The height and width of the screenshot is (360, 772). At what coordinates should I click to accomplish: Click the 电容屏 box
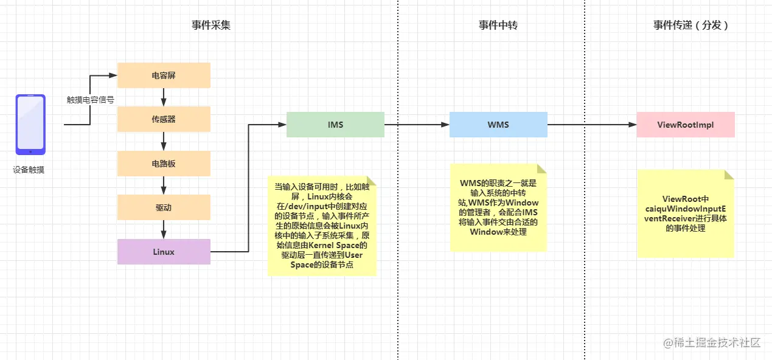(x=164, y=75)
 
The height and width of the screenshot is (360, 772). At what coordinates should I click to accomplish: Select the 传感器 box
(x=164, y=119)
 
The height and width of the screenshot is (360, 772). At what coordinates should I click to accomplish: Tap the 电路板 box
(x=164, y=164)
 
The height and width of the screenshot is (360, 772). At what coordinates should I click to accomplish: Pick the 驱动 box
(x=164, y=207)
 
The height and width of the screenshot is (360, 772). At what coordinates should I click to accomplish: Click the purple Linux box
(x=164, y=252)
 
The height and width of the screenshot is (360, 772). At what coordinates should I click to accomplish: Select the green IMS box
(x=335, y=125)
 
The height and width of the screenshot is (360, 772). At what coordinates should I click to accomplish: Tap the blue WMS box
(x=498, y=125)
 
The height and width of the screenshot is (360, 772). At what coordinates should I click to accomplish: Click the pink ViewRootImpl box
(x=686, y=125)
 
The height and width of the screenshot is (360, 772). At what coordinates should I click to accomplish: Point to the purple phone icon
(x=30, y=124)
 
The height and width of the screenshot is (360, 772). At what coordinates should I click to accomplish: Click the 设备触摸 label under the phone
(x=29, y=170)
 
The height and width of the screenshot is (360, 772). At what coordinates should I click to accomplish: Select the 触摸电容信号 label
(x=91, y=99)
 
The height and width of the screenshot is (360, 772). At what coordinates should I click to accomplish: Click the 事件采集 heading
(x=211, y=25)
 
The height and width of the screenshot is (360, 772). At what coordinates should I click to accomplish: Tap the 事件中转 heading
(x=498, y=25)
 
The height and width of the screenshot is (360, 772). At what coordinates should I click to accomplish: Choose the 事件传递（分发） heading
(x=690, y=25)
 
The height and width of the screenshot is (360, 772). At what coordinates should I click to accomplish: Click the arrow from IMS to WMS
(x=417, y=125)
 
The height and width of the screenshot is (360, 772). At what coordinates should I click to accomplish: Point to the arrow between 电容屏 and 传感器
(x=164, y=97)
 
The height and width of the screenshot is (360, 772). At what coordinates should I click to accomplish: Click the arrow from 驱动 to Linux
(x=164, y=229)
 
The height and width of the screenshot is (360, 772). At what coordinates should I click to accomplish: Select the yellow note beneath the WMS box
(x=498, y=207)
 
